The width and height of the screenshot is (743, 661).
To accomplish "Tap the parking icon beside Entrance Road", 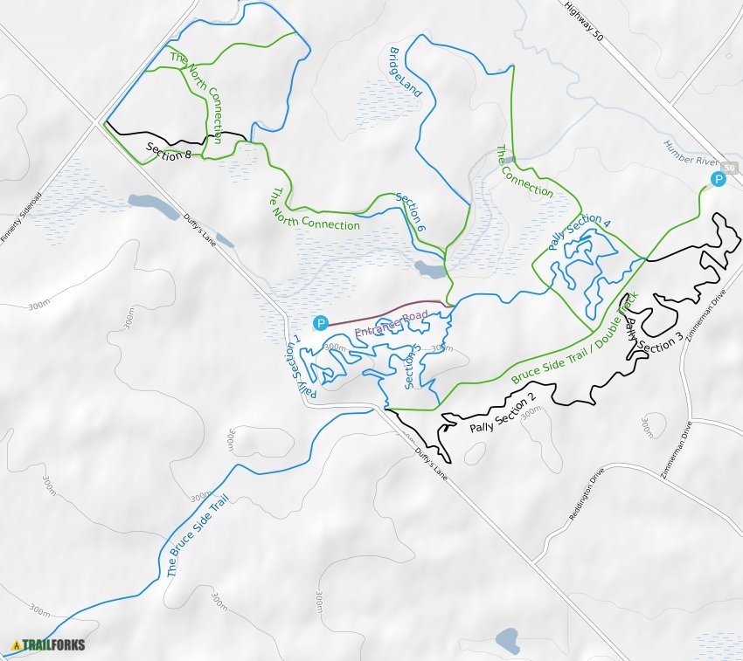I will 321,322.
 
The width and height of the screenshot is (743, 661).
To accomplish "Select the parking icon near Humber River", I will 718,180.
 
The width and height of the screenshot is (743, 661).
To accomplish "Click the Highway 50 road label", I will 585,23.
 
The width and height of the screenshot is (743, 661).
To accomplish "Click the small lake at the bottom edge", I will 508,641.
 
